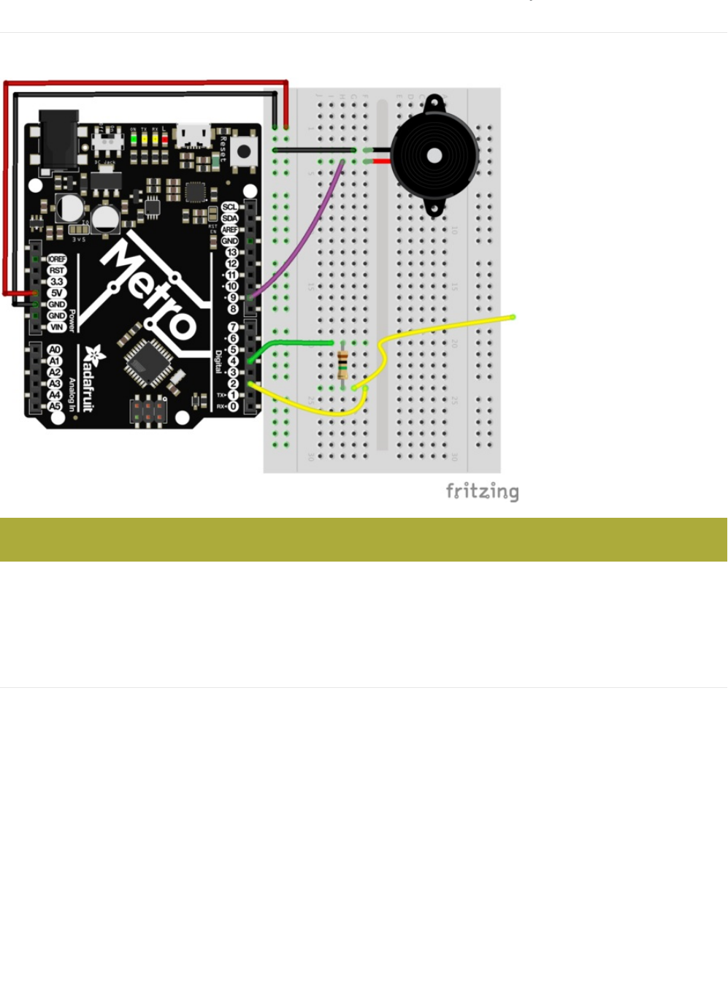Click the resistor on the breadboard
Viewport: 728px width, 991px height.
[342, 364]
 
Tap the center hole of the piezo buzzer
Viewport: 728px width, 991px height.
[434, 156]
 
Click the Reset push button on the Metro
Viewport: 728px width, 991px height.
[243, 152]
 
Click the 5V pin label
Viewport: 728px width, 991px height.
[57, 293]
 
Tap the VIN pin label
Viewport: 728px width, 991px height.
[57, 327]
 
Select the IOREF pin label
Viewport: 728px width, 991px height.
[57, 259]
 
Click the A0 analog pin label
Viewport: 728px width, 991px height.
[55, 350]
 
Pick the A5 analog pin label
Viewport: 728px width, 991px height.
[55, 407]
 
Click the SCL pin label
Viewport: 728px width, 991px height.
[230, 207]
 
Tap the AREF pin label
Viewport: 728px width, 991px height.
[230, 229]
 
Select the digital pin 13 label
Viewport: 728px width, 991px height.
[232, 252]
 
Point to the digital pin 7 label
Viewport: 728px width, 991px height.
[233, 327]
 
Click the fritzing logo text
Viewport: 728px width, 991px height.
[482, 491]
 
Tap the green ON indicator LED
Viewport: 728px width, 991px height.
[134, 138]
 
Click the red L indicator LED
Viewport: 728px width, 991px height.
[164, 138]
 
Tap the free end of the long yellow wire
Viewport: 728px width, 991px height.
[513, 317]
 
